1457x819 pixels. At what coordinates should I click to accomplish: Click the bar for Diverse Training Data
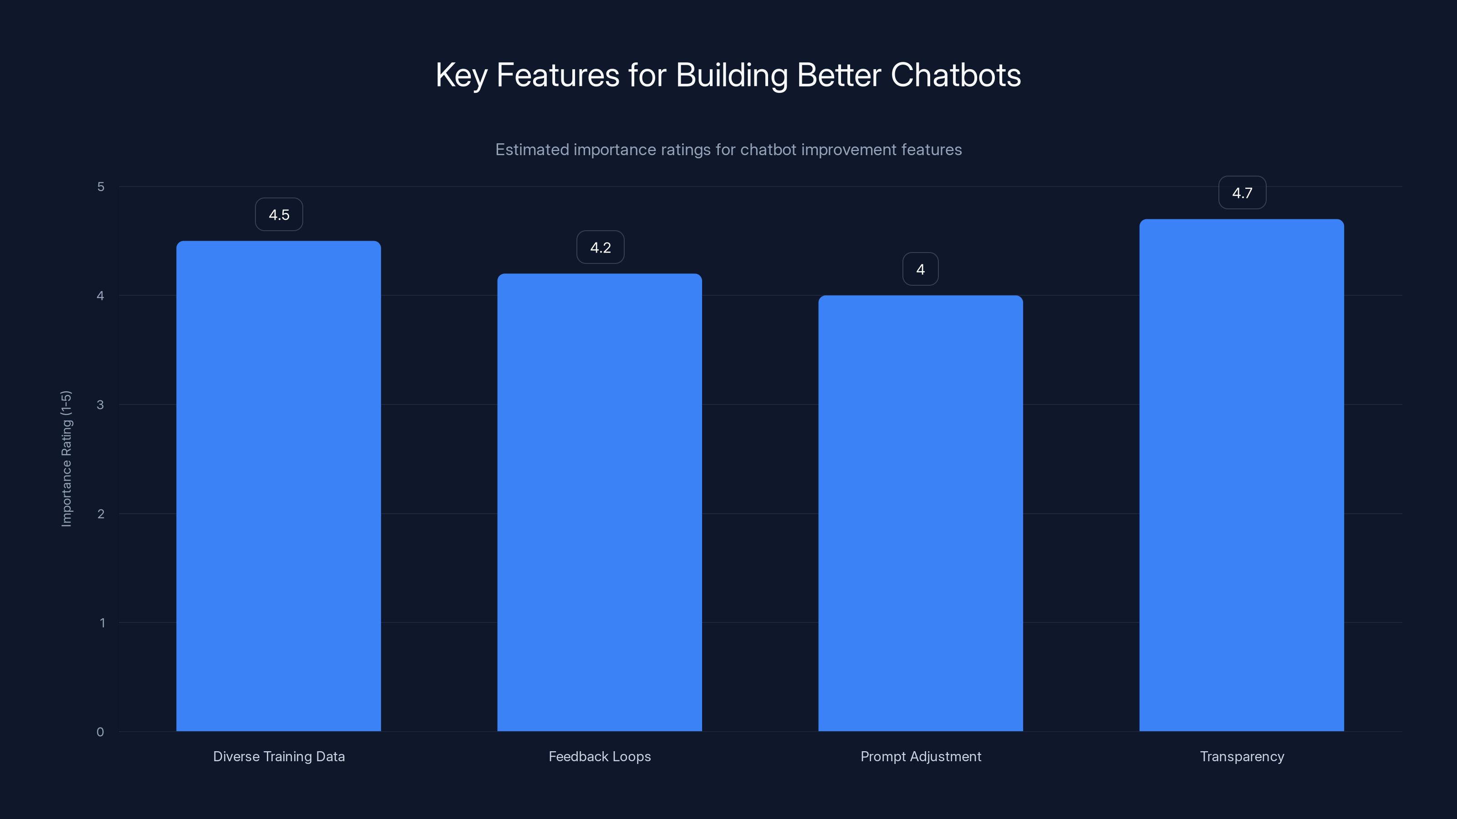tap(278, 486)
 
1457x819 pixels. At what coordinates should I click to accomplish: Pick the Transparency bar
tap(1242, 475)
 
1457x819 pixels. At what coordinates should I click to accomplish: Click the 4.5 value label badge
tap(279, 215)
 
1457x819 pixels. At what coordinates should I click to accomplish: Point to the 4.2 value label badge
tap(600, 248)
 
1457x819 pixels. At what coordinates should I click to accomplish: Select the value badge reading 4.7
tap(1242, 193)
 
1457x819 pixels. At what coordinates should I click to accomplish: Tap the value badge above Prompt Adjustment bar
tap(920, 270)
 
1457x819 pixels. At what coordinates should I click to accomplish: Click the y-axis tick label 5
tap(101, 187)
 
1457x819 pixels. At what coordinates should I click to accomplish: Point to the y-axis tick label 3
tap(100, 404)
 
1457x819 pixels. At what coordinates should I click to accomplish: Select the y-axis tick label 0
tap(100, 732)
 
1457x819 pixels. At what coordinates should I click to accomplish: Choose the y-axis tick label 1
tap(102, 623)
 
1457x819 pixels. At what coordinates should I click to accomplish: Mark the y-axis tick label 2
tap(101, 514)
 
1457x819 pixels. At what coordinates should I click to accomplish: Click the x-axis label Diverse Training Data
tap(279, 756)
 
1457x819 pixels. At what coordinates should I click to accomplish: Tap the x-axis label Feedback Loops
tap(600, 756)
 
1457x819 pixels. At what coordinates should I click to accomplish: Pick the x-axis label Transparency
tap(1242, 756)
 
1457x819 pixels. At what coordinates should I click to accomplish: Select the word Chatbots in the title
tap(955, 75)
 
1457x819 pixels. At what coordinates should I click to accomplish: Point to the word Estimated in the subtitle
tap(532, 150)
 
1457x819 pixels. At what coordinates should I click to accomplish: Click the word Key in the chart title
tap(461, 75)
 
